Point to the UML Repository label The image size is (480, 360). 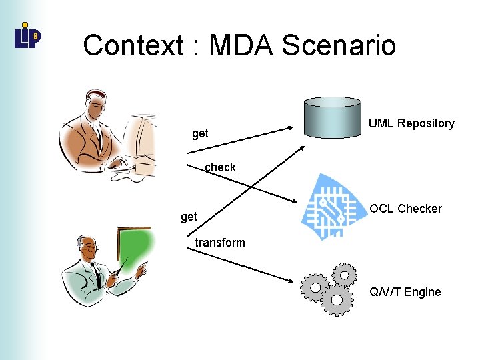[x=411, y=123]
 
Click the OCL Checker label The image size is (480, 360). [x=405, y=209]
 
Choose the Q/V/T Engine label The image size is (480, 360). [x=405, y=292]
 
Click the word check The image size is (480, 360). [x=220, y=167]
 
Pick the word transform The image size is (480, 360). [x=220, y=243]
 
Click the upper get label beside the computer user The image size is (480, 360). [x=200, y=134]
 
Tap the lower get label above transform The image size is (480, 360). [x=189, y=217]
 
